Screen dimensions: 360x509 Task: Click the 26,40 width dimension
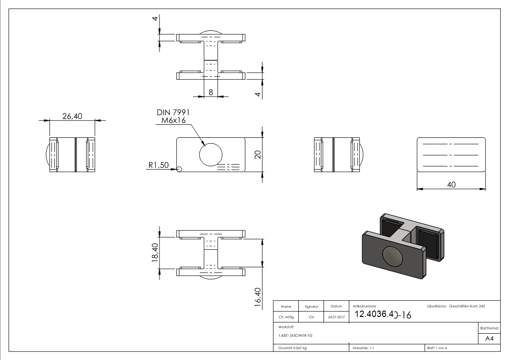pos(72,116)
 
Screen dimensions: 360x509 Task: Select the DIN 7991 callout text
pos(173,112)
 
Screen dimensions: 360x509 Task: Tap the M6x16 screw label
pos(174,121)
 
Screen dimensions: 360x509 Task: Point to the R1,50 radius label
pos(158,165)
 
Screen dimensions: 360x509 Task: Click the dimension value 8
pos(211,92)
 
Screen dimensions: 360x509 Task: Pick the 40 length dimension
pos(451,185)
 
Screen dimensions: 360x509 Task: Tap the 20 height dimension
pos(258,154)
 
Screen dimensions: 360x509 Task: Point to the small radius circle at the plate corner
pos(179,169)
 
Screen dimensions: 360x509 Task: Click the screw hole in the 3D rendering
pos(392,257)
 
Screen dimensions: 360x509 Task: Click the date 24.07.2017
pos(336,317)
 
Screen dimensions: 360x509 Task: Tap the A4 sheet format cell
pos(489,339)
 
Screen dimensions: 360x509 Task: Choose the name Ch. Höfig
pos(286,317)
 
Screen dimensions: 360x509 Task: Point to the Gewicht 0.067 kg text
pos(292,348)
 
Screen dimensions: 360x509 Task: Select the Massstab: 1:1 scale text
pos(363,348)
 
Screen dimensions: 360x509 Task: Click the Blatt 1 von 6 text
pos(437,348)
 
